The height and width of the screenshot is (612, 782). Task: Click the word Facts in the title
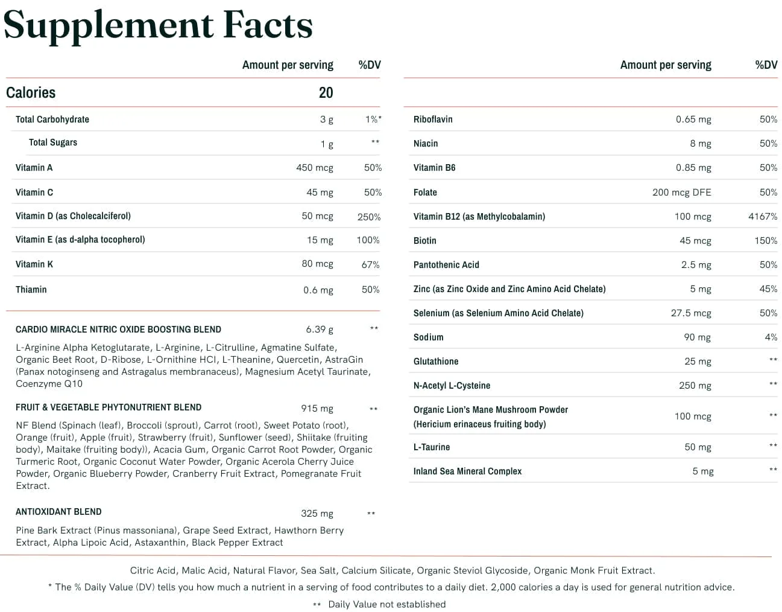[x=268, y=25]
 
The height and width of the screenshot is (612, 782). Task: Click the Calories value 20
[x=326, y=92]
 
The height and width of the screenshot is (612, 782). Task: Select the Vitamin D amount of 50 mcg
[x=317, y=216]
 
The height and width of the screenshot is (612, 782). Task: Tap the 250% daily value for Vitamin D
[x=368, y=217]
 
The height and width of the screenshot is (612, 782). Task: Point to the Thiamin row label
[x=31, y=290]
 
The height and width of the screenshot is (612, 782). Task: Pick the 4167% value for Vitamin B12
[x=762, y=216]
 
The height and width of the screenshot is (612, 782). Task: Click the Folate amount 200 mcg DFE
[x=681, y=192]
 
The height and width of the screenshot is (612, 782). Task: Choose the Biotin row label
[x=424, y=240]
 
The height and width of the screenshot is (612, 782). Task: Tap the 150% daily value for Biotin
[x=765, y=240]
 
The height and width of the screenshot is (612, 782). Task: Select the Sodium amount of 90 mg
[x=697, y=337]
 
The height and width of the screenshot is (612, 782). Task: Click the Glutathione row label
[x=435, y=361]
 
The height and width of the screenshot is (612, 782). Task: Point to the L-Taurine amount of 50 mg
[x=698, y=447]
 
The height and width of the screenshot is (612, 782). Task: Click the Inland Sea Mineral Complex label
[x=467, y=471]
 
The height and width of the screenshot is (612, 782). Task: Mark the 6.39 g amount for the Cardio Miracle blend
[x=319, y=329]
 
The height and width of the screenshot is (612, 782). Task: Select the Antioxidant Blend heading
[x=58, y=512]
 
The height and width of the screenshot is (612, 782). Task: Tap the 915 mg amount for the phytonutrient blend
[x=317, y=409]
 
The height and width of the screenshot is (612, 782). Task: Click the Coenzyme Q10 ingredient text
[x=49, y=384]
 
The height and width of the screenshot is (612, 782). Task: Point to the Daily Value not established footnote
[x=386, y=604]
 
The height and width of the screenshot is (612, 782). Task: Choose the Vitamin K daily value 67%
[x=370, y=264]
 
